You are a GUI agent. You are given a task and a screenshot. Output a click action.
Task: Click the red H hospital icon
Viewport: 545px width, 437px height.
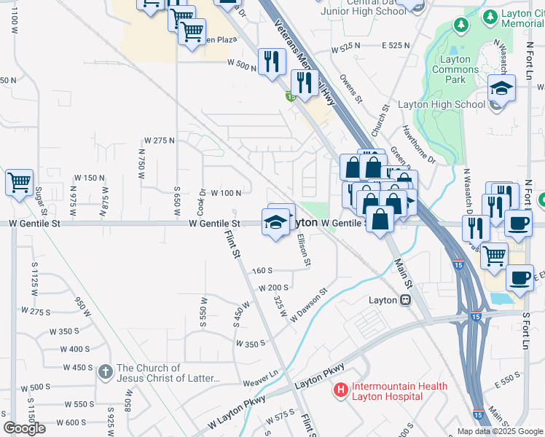340,390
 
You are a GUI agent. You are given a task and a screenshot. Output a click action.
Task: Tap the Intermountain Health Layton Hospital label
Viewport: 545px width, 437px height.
387,391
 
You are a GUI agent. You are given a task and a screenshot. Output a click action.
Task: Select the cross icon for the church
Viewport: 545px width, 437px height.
106,373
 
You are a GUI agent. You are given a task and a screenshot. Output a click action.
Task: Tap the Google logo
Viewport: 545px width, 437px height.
25,428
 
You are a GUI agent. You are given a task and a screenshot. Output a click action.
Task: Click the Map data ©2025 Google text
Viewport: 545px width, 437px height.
500,431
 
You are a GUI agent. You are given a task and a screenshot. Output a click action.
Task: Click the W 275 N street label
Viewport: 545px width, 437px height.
159,140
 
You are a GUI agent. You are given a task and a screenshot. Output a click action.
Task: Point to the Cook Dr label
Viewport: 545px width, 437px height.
202,200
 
